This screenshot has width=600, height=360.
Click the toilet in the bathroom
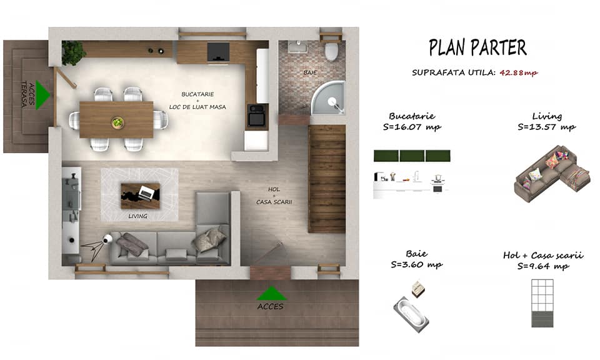pyautogui.click(x=331, y=52)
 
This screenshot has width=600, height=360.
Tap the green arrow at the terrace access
pyautogui.click(x=42, y=95)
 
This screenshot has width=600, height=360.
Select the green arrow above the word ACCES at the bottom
pyautogui.click(x=271, y=293)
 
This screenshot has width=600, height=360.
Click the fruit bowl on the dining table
pyautogui.click(x=118, y=122)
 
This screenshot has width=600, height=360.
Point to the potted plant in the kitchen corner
pyautogui.click(x=74, y=52)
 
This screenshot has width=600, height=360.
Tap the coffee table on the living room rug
pyautogui.click(x=141, y=196)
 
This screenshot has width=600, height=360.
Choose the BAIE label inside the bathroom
pyautogui.click(x=310, y=72)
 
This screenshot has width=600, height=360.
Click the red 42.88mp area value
pyautogui.click(x=519, y=72)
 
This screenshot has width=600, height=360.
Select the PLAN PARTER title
pyautogui.click(x=477, y=47)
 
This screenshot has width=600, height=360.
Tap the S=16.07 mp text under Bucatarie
pyautogui.click(x=412, y=127)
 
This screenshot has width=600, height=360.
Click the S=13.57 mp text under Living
pyautogui.click(x=546, y=127)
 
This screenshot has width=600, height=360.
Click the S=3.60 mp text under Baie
pyautogui.click(x=416, y=265)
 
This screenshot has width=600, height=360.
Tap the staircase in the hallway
pyautogui.click(x=327, y=179)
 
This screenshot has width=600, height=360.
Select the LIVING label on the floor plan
pyautogui.click(x=137, y=216)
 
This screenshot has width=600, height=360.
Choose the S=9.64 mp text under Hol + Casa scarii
pyautogui.click(x=543, y=266)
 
